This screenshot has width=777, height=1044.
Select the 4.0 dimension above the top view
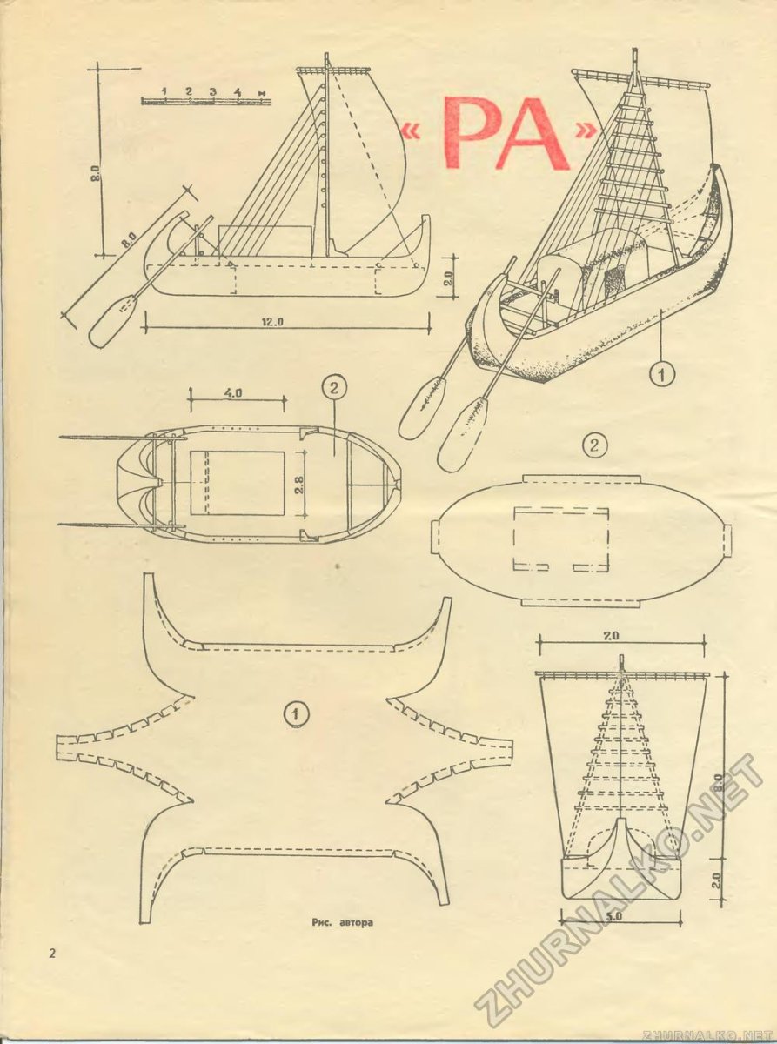(232, 393)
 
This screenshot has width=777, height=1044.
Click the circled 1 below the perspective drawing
(662, 375)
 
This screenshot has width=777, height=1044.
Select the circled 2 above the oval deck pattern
(593, 445)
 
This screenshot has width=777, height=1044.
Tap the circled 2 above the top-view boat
(334, 388)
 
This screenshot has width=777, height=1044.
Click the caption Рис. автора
(342, 922)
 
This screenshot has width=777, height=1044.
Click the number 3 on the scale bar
(213, 91)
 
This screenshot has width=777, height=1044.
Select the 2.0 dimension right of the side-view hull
(449, 279)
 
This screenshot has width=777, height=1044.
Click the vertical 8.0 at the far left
(96, 174)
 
